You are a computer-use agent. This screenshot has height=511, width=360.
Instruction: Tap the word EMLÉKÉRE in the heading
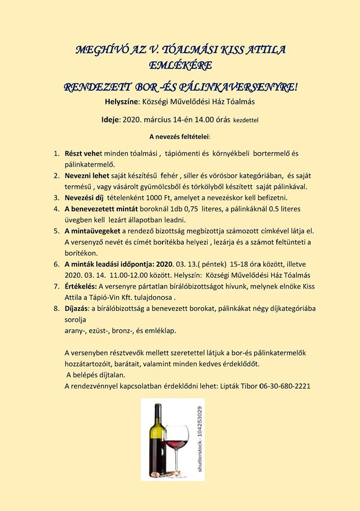coord(181,65)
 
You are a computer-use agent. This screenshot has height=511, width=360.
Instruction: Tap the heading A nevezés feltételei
coord(180,137)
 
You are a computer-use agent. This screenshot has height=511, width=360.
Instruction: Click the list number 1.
coord(56,153)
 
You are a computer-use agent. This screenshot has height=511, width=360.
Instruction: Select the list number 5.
coord(56,230)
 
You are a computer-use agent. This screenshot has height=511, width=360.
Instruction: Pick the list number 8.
coord(56,307)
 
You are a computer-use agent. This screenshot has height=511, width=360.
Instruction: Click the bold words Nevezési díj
coord(85,197)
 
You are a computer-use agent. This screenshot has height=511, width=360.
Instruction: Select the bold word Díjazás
coord(78,307)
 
